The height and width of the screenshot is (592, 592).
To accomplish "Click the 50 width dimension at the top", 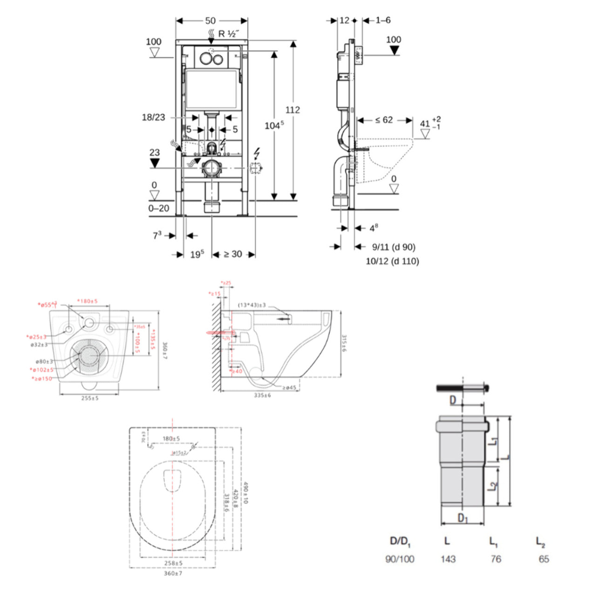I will [x=211, y=20].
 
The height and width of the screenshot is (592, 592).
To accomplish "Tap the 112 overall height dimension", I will [x=293, y=110].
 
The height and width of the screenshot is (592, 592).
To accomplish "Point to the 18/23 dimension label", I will [x=153, y=117].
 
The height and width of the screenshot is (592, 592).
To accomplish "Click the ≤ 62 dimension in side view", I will [x=384, y=120].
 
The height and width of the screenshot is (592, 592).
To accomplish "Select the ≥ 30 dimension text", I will [x=233, y=254].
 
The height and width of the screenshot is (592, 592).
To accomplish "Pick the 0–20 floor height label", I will [x=158, y=208].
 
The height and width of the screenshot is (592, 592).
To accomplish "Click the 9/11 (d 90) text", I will [x=394, y=247].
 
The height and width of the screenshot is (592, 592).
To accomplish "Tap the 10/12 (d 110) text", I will [x=392, y=261].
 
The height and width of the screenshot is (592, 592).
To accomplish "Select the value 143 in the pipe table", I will [x=448, y=559].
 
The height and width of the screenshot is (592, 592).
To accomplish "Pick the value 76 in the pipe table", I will [x=496, y=559].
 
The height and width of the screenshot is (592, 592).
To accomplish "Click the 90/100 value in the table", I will [x=400, y=559].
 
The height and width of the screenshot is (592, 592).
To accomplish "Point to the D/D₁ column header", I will [x=400, y=541].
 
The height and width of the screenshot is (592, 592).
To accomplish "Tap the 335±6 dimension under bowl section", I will [x=262, y=395].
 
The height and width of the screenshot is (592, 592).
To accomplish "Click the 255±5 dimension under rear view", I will [x=89, y=398].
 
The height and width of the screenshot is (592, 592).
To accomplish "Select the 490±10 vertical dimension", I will [x=245, y=492].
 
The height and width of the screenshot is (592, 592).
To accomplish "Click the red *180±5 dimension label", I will [x=87, y=301].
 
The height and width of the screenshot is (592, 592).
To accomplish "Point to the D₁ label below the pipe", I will [x=463, y=518].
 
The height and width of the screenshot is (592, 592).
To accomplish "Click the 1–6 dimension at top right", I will [x=383, y=20].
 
